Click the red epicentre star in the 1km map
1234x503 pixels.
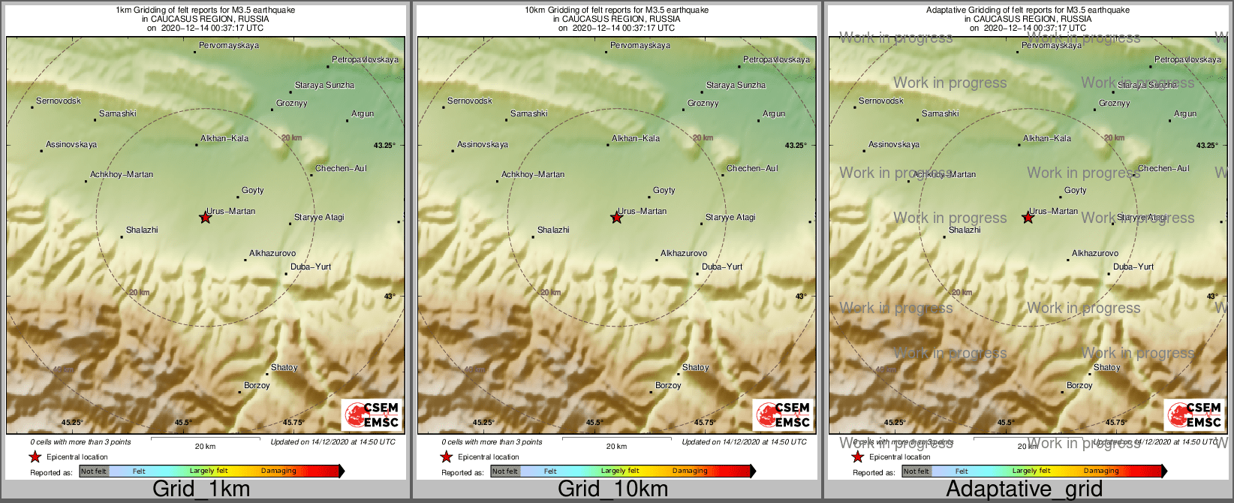(205, 218)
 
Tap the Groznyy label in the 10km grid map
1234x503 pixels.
(703, 104)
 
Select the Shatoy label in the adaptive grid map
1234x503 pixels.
(1107, 368)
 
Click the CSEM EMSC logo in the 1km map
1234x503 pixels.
(372, 414)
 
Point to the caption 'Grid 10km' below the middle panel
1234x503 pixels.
(612, 489)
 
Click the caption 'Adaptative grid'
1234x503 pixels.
(1024, 489)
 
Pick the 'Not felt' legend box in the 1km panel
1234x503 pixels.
(94, 471)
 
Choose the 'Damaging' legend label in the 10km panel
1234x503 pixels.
(690, 471)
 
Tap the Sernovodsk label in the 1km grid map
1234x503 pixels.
(59, 101)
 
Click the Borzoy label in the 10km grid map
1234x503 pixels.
(668, 386)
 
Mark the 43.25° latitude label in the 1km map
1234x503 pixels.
(384, 146)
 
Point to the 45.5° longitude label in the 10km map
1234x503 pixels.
(594, 423)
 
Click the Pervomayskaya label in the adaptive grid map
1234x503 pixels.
(1052, 46)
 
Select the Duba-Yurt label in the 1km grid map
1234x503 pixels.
(311, 267)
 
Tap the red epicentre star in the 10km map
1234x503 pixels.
(616, 218)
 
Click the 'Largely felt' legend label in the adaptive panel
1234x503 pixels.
(1031, 471)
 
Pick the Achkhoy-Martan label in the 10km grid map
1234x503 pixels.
(533, 174)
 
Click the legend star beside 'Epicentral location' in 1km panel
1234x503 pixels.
(35, 456)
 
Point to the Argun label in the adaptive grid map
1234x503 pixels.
(1185, 114)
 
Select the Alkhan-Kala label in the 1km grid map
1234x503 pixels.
(224, 138)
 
